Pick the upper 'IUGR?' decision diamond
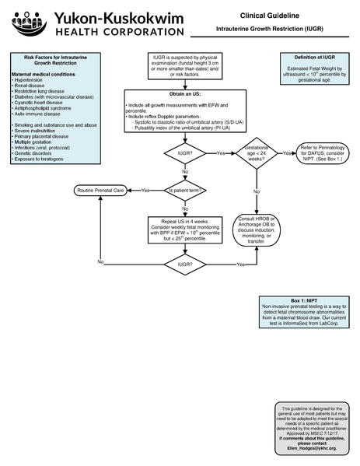pyautogui.click(x=184, y=153)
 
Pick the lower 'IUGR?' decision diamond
pyautogui.click(x=184, y=265)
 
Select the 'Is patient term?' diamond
pyautogui.click(x=184, y=191)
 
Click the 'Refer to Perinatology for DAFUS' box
pyautogui.click(x=318, y=153)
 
